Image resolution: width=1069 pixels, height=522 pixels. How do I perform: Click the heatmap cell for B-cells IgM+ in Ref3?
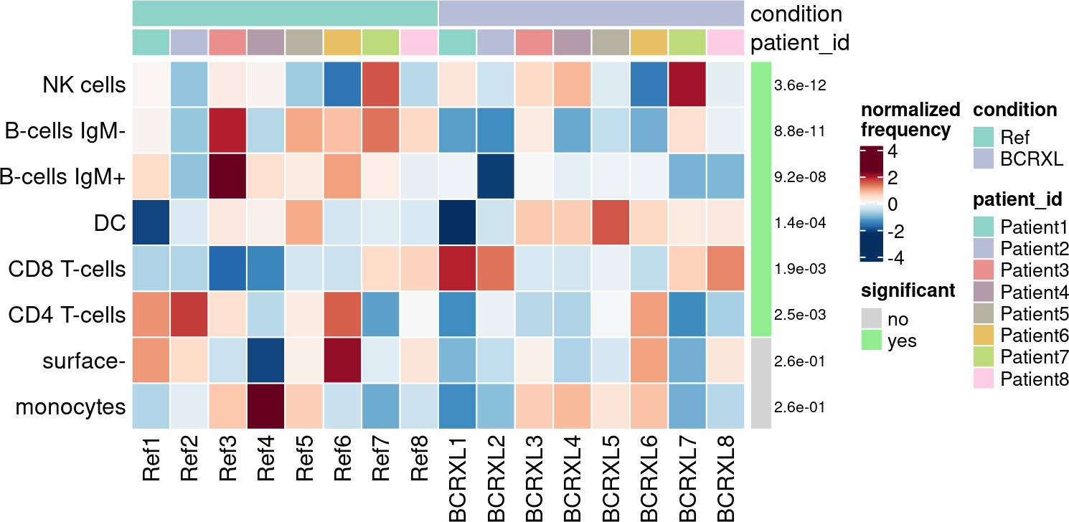pos(227,176)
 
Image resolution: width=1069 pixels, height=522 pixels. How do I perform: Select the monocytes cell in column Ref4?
pos(265,407)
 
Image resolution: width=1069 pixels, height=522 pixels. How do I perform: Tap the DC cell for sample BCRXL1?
pos(457,222)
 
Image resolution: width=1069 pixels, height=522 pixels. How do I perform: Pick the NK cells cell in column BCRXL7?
pos(687,85)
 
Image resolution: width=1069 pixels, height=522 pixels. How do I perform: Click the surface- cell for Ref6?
pos(342,361)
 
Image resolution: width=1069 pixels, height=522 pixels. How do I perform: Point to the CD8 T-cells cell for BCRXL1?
pos(457,268)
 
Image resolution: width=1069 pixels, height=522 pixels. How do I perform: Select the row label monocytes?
pos(71,407)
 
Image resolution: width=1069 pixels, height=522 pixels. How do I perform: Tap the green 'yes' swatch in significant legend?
pos(871,341)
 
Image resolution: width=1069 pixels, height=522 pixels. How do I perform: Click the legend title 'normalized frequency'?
pos(910,120)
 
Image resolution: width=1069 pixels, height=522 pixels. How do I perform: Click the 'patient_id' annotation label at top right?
pos(799,43)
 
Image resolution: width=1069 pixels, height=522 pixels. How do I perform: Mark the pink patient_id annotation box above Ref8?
pos(419,42)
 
